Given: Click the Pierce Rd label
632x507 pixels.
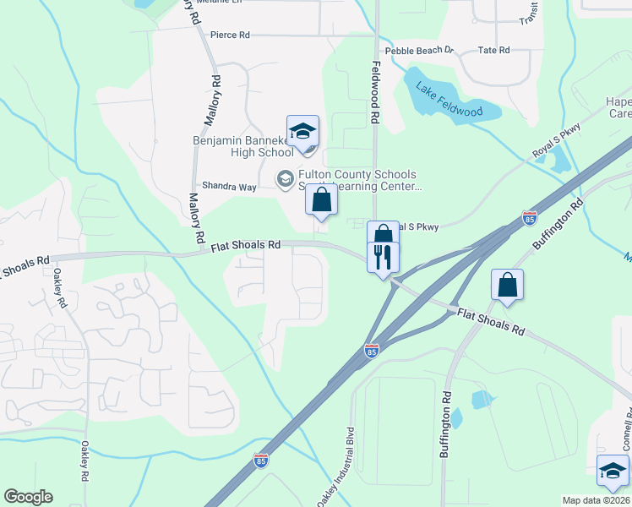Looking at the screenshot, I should coord(230,35).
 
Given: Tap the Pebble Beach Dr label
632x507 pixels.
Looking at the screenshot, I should coord(420,51).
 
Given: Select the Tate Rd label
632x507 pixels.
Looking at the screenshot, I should coord(493,51).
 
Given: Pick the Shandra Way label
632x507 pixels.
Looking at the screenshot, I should coord(228,187).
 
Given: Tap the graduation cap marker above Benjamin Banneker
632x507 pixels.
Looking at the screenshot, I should coord(302,132).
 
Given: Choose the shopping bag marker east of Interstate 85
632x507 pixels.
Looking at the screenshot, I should coord(507,285).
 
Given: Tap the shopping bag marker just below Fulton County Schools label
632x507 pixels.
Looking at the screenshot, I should coord(321,199).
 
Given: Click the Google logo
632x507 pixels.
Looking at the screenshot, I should coord(28,497).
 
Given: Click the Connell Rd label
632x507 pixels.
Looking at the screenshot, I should coord(626,431).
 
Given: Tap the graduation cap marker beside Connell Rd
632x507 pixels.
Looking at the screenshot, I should coord(613,471).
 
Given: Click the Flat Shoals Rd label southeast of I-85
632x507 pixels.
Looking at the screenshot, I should coord(491,322).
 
